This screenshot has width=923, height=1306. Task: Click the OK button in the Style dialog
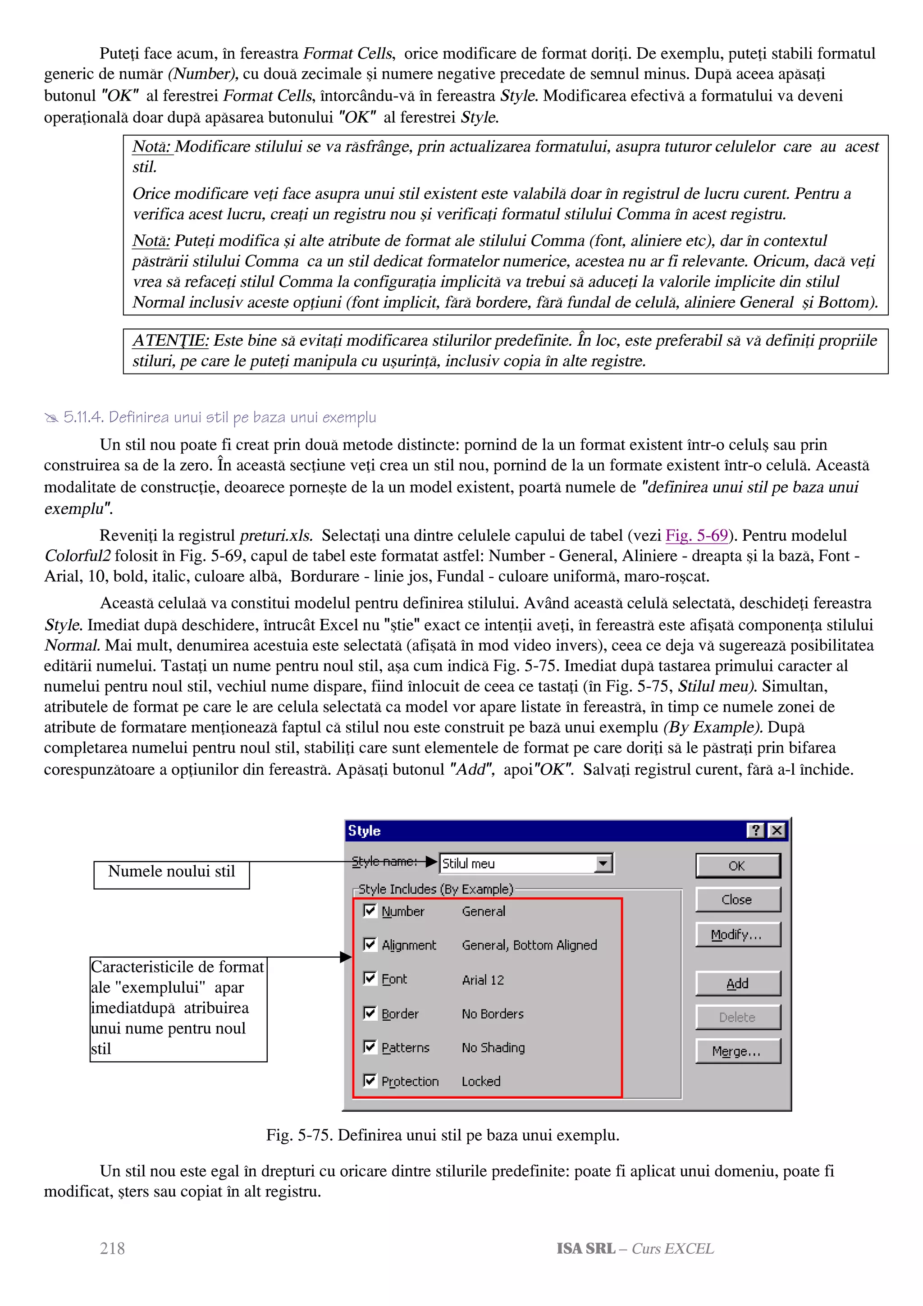pyautogui.click(x=738, y=866)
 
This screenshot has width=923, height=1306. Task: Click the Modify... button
pyautogui.click(x=738, y=935)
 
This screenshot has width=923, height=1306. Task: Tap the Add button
pyautogui.click(x=738, y=983)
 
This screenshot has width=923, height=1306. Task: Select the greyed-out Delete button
pyautogui.click(x=738, y=1017)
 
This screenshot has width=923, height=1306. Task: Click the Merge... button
pyautogui.click(x=738, y=1051)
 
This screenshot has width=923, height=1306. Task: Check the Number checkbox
pyautogui.click(x=370, y=911)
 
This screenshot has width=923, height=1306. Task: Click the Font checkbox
pyautogui.click(x=370, y=978)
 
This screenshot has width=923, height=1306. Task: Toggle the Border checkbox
pyautogui.click(x=370, y=1013)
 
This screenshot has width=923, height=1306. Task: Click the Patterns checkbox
pyautogui.click(x=370, y=1046)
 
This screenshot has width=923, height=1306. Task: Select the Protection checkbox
pyautogui.click(x=370, y=1080)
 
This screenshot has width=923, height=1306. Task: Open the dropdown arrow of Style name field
pyautogui.click(x=603, y=863)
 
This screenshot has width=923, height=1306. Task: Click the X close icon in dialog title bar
pyautogui.click(x=776, y=831)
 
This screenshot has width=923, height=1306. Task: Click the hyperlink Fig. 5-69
pyautogui.click(x=697, y=535)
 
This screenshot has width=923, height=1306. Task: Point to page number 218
pyautogui.click(x=112, y=1248)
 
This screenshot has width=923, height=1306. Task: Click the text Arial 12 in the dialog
pyautogui.click(x=483, y=980)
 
